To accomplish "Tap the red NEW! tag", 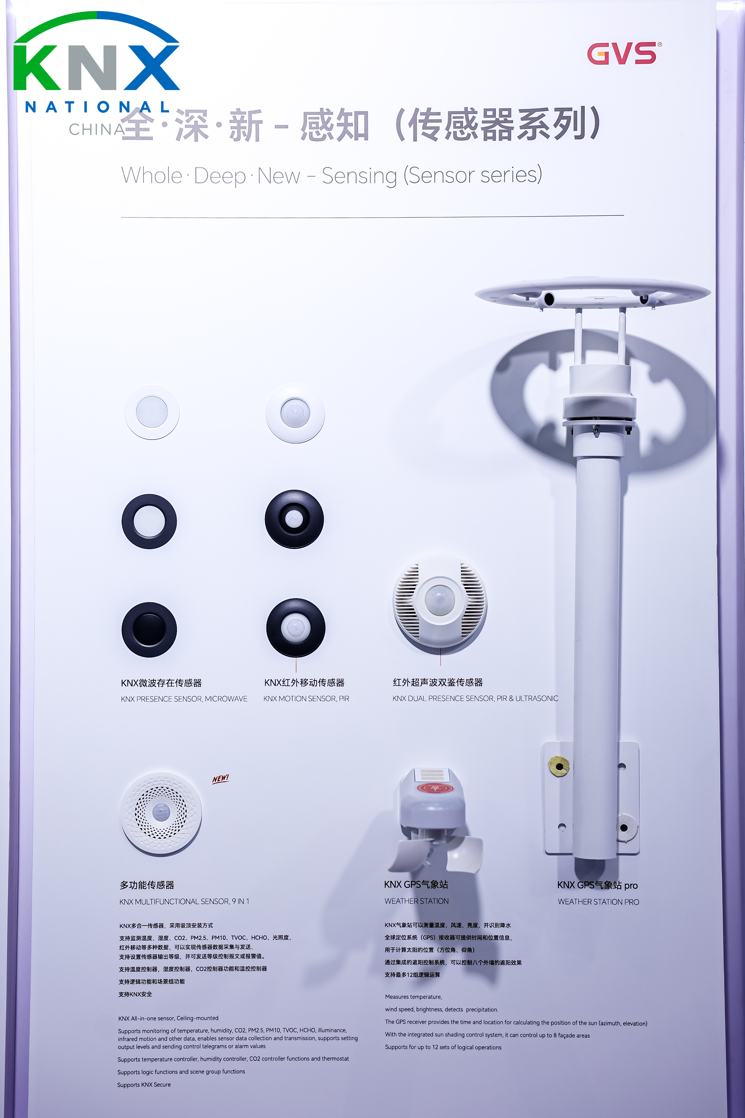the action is pos(220,779).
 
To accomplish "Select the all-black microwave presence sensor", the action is pos(149,629).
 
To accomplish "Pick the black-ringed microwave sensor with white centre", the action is pos(149,521).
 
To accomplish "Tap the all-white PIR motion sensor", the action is pos(295,413).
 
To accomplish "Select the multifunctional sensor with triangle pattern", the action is pos(161,813).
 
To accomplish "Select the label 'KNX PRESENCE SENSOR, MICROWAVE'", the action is pos(184,699).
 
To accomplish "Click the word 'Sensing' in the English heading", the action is pos(359,176).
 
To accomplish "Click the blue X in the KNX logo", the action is pos(151,67).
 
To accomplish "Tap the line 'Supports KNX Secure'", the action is pos(144,1085).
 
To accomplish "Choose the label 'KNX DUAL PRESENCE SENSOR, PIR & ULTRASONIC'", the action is pos(475,698).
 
